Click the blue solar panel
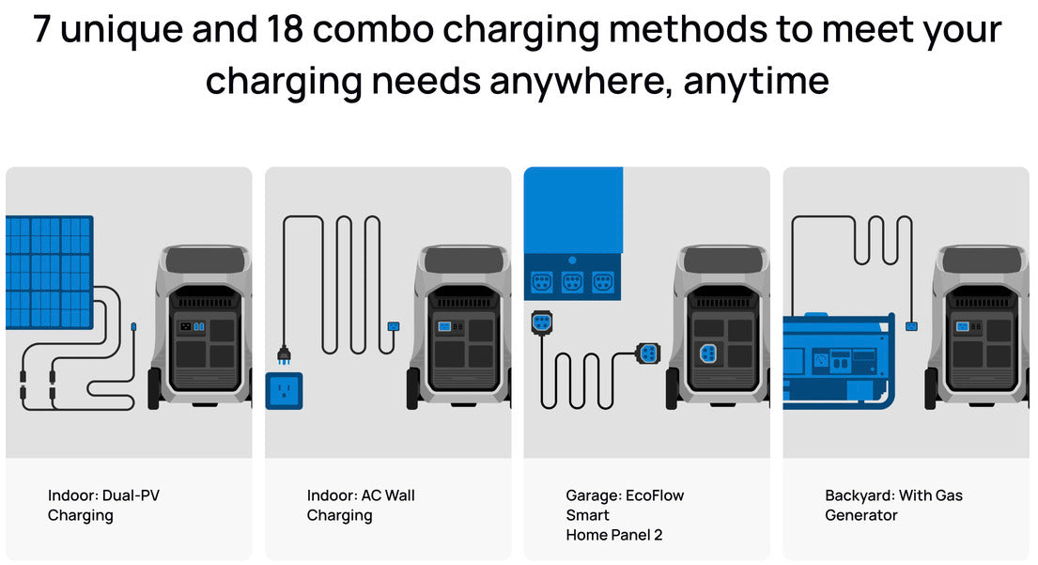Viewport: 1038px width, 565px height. (x=50, y=273)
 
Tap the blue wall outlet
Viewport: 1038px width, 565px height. (x=284, y=391)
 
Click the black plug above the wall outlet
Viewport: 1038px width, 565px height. (x=284, y=355)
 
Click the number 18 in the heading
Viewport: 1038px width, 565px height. (x=285, y=29)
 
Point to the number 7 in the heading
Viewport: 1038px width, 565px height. (x=41, y=29)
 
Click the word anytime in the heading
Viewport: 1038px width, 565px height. (x=756, y=82)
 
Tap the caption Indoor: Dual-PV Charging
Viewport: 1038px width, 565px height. (x=103, y=506)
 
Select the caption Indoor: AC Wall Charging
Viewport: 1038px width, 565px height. (x=361, y=506)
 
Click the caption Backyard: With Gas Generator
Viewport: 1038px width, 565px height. (x=893, y=506)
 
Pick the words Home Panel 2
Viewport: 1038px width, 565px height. (x=613, y=535)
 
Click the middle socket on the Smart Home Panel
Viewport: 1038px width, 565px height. (x=572, y=283)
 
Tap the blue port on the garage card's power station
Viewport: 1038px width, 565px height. (x=707, y=353)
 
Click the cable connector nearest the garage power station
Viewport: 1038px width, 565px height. (x=647, y=353)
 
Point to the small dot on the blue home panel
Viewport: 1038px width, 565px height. (x=572, y=260)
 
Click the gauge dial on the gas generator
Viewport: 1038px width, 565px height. (x=821, y=361)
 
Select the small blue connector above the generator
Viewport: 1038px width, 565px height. (x=911, y=326)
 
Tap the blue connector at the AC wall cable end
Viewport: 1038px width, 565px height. (x=394, y=326)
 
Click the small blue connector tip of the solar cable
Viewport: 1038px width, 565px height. (x=133, y=327)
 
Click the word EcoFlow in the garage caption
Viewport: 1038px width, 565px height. (x=655, y=495)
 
